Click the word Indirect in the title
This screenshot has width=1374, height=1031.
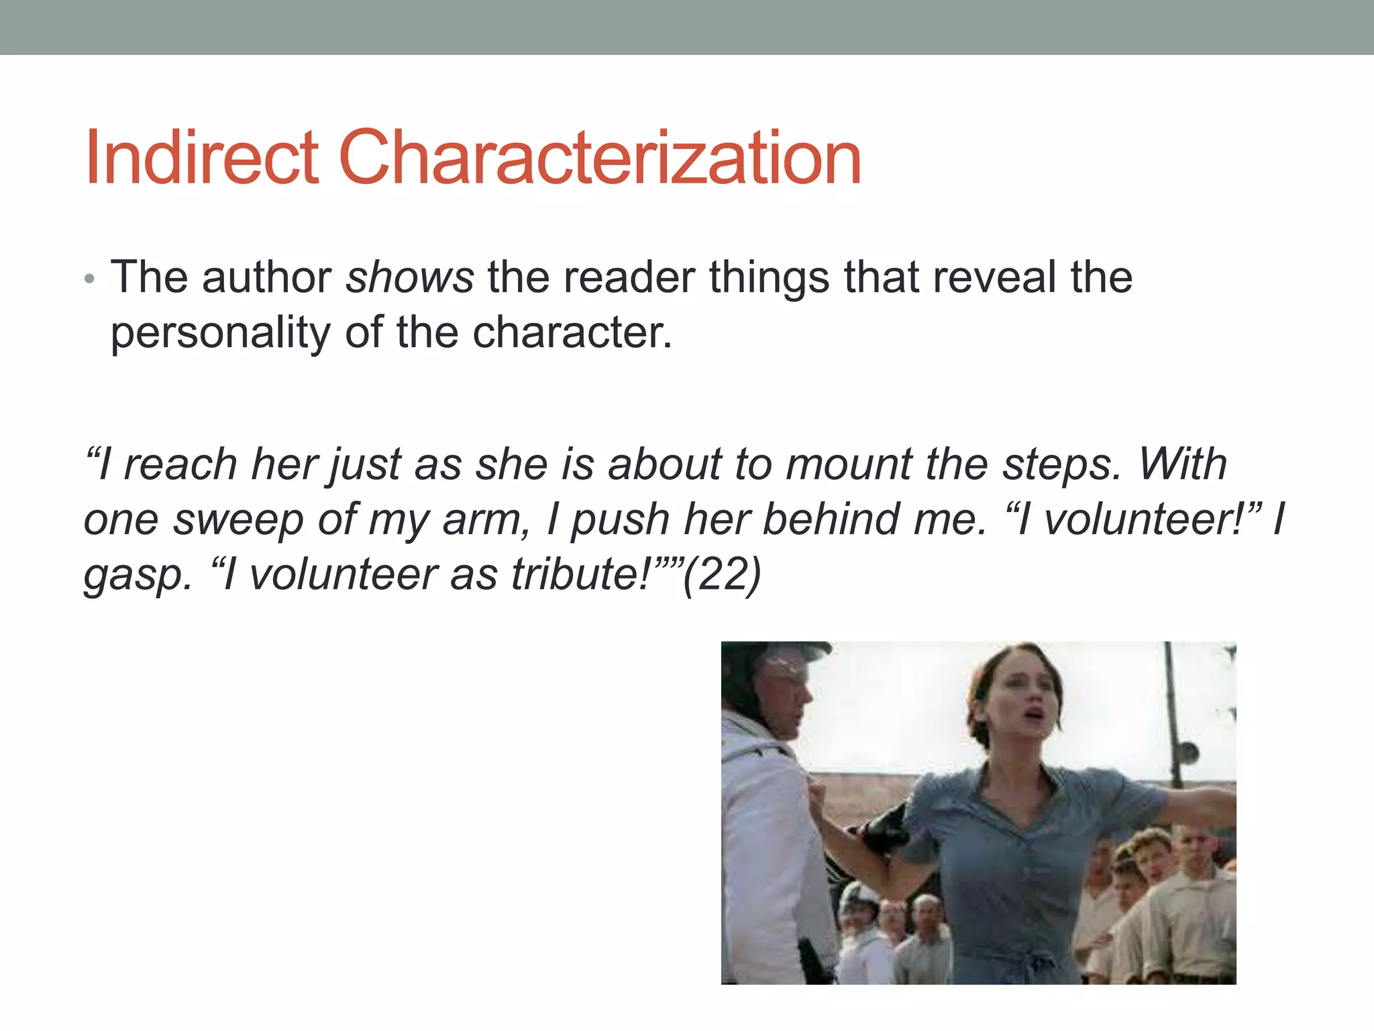pos(201,158)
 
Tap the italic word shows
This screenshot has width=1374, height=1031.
pos(410,277)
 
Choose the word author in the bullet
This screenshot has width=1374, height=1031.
pos(266,277)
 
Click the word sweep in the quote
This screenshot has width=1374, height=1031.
pos(237,520)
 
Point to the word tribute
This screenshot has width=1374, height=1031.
pos(580,575)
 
